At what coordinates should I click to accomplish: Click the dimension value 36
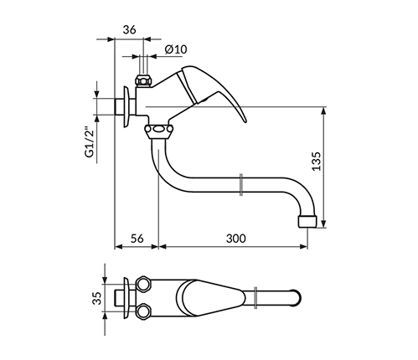click(129, 29)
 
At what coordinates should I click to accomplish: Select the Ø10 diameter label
click(176, 49)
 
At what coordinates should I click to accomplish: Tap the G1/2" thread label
click(90, 142)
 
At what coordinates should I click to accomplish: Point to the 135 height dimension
click(316, 161)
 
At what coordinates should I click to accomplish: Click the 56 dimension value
click(137, 239)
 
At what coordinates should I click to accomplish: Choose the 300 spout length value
click(236, 239)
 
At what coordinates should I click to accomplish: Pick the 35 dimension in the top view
click(97, 298)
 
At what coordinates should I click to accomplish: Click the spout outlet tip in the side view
click(307, 221)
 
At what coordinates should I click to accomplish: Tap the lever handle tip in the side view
click(245, 121)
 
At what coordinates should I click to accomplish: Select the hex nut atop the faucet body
click(143, 81)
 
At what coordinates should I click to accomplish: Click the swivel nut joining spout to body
click(158, 130)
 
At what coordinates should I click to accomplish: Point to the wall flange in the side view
click(128, 106)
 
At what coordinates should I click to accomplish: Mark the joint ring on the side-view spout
click(241, 184)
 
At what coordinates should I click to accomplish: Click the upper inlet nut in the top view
click(143, 284)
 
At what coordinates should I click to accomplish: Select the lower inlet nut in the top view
click(143, 311)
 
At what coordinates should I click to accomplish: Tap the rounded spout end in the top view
click(297, 298)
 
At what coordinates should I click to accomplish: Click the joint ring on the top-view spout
click(255, 298)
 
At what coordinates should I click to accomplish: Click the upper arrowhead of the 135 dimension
click(323, 111)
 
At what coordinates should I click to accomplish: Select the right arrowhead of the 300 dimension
click(303, 246)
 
